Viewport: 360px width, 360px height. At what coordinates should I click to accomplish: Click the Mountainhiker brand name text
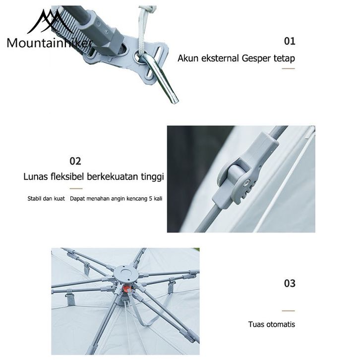[50, 43]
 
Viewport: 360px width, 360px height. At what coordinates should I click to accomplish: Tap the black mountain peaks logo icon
[50, 22]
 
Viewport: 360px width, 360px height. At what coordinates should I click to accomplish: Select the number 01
[289, 41]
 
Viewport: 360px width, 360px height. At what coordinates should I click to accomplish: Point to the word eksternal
[220, 58]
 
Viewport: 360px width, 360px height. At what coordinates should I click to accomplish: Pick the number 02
[75, 161]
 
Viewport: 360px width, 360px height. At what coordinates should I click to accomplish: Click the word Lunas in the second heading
[35, 177]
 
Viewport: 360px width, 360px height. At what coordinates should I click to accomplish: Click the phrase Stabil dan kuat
[46, 199]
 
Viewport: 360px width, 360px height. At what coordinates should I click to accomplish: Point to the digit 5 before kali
[151, 199]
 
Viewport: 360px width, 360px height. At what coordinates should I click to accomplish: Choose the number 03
[290, 283]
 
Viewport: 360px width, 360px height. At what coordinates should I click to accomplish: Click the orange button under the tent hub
[126, 288]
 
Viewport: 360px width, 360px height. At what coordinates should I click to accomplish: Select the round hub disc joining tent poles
[126, 273]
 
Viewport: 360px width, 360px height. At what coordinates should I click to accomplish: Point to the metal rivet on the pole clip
[247, 183]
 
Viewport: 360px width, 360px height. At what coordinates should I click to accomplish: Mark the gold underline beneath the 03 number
[289, 311]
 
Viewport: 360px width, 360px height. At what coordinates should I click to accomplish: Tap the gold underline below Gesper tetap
[289, 68]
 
